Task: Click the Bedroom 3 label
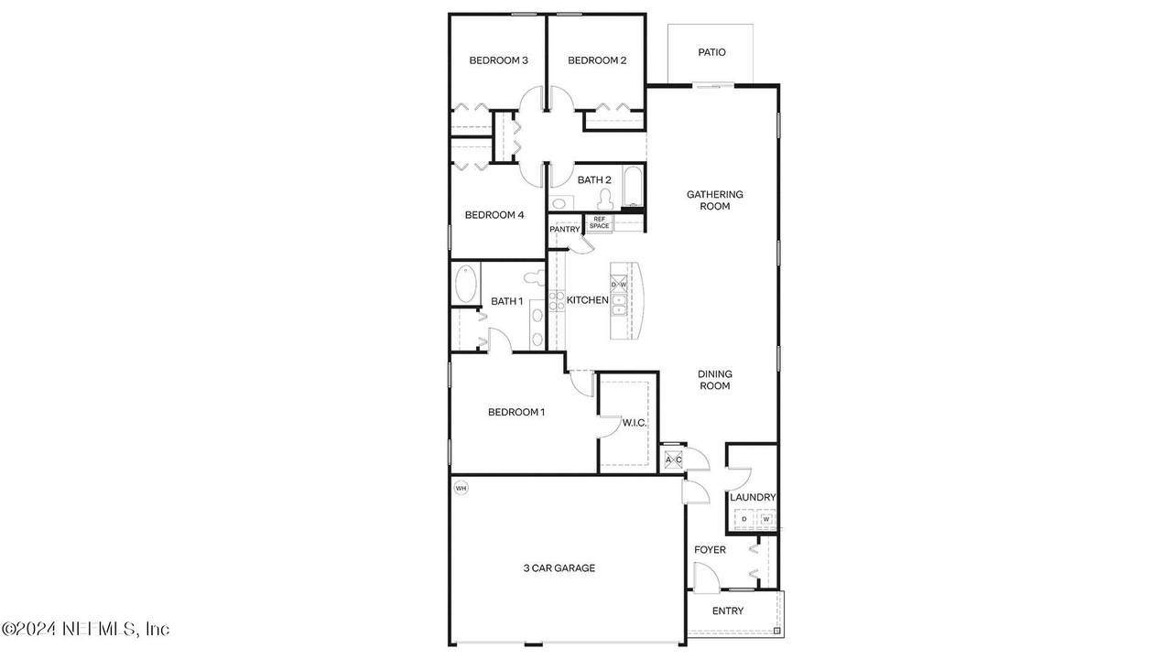498,60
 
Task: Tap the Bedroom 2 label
597,60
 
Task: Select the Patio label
711,52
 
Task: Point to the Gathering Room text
715,200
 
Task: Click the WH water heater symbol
461,489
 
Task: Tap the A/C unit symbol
673,459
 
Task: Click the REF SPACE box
599,222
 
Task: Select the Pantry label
565,229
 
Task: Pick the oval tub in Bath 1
465,284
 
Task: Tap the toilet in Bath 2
606,199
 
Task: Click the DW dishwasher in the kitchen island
619,285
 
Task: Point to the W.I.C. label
635,423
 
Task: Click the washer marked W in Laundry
766,519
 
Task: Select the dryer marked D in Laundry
744,519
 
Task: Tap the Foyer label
710,550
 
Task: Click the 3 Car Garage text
559,568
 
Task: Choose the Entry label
728,610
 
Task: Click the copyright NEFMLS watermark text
86,629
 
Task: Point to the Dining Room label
715,380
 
